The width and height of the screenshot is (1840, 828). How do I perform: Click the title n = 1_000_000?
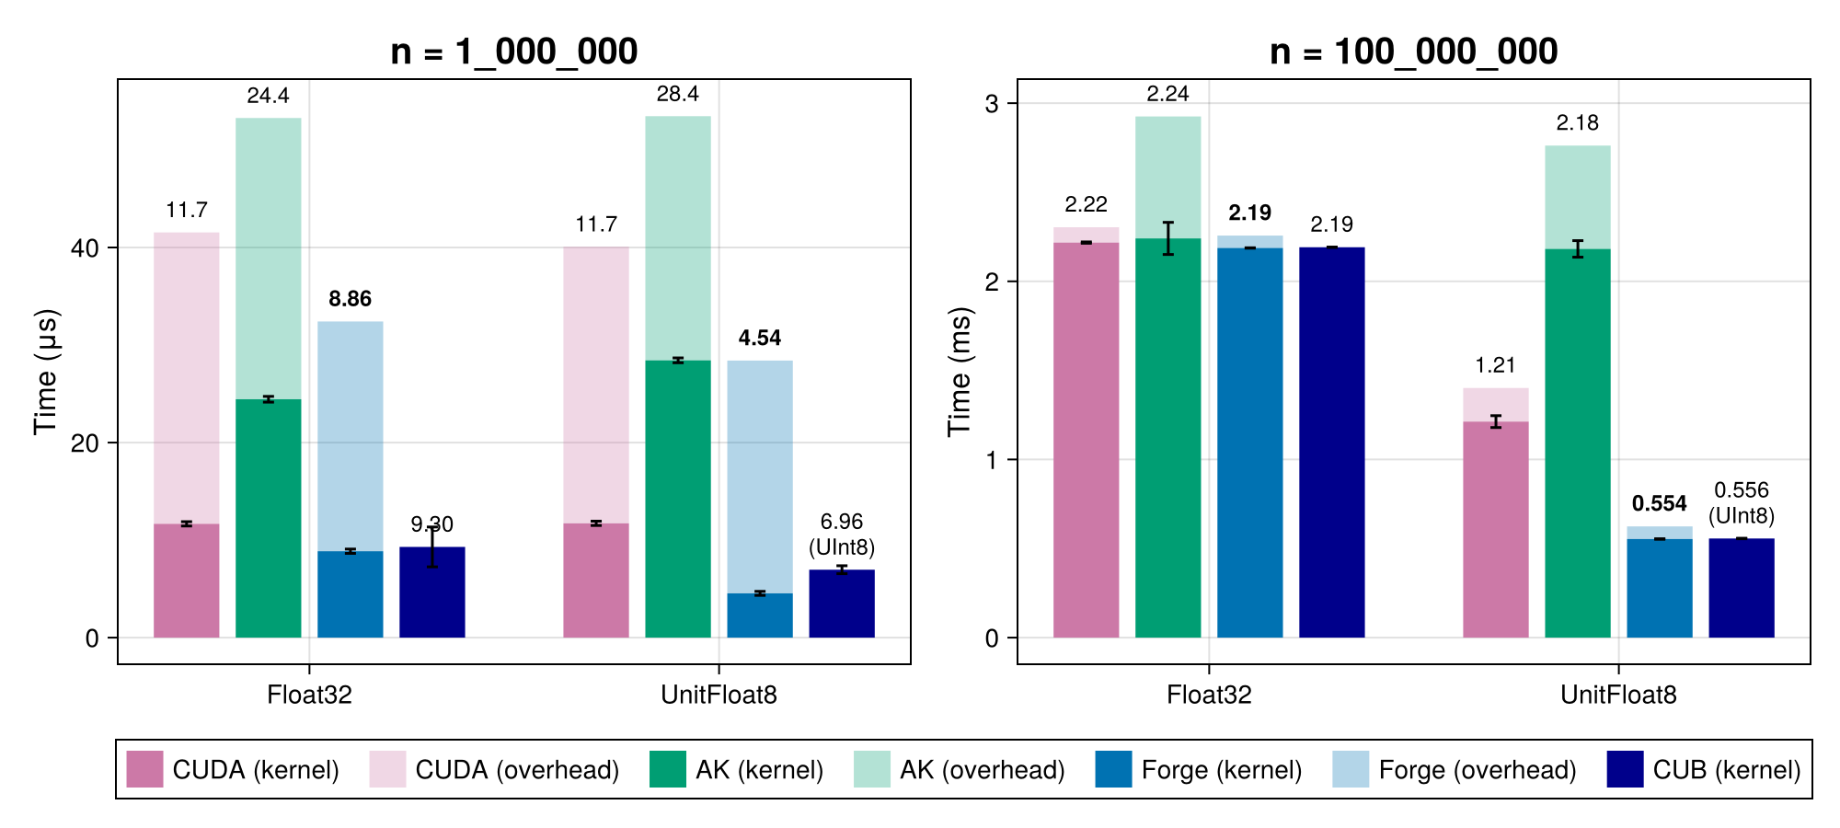(x=513, y=52)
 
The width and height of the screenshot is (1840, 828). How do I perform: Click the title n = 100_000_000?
(x=1413, y=52)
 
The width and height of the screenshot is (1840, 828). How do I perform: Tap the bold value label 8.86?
(x=350, y=299)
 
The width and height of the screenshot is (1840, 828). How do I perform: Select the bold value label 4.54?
(x=759, y=339)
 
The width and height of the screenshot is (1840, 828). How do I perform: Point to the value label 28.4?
(x=677, y=95)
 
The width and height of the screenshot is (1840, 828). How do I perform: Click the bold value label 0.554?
(x=1659, y=504)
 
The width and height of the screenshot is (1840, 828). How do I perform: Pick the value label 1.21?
(x=1495, y=366)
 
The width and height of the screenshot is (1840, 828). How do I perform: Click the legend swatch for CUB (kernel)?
(x=1625, y=769)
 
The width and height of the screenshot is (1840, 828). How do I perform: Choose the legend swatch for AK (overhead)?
(x=871, y=769)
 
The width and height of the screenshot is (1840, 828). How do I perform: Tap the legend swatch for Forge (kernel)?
(x=1113, y=769)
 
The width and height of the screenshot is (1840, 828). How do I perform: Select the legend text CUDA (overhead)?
(x=517, y=770)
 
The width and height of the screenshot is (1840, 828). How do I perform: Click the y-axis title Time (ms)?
(x=960, y=372)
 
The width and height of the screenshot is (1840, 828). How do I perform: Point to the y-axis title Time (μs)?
(x=45, y=372)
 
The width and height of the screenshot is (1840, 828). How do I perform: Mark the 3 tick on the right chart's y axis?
(x=992, y=104)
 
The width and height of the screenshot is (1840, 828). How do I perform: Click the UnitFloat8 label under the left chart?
(x=719, y=695)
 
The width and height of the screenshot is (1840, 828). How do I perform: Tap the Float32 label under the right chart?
(x=1209, y=695)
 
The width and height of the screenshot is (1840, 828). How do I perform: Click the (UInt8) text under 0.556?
(x=1741, y=516)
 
